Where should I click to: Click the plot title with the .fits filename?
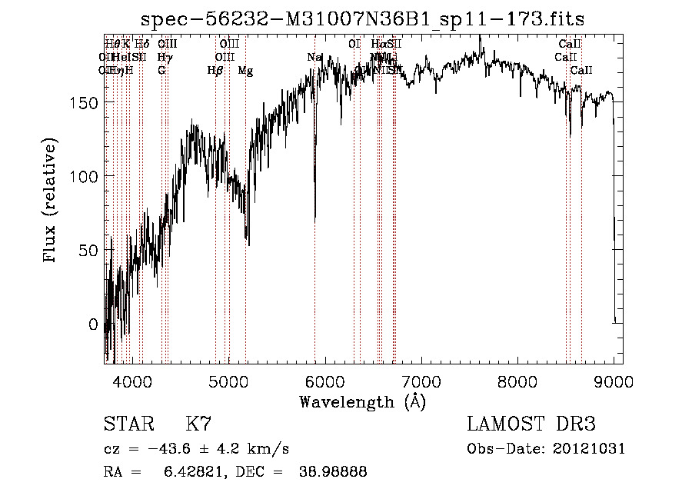pos(369,20)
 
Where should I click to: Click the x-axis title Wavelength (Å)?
pos(362,401)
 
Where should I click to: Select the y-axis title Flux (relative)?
pos(51,201)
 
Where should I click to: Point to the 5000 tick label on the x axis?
pos(228,381)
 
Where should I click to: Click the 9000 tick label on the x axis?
pos(614,381)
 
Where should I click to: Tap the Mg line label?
pos(245,71)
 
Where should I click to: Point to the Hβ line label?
pos(216,71)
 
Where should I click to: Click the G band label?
pos(162,71)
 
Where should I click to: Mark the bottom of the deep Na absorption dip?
pos(315,218)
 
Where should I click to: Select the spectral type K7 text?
pos(198,424)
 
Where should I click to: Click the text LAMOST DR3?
pos(531,424)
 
